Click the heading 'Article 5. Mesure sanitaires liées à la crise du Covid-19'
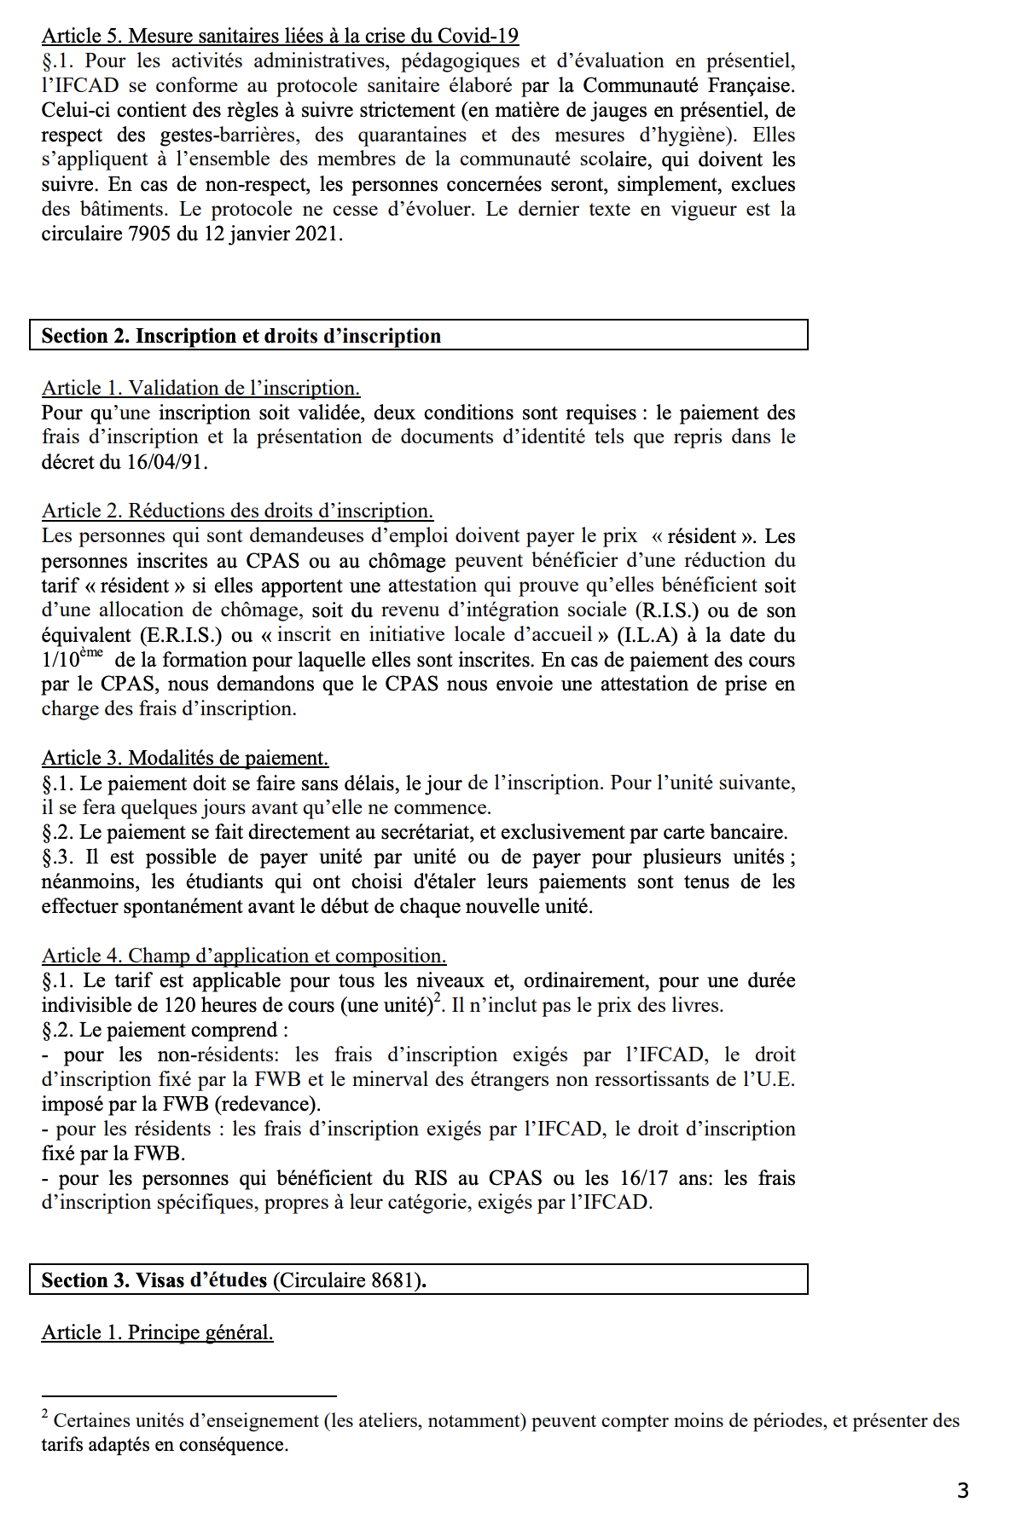pos(280,36)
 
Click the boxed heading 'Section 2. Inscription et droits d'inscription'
pos(241,336)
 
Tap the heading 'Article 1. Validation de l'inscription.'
pos(200,388)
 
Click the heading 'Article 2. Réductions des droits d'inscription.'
pos(237,511)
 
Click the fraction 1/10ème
pos(72,659)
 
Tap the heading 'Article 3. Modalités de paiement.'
pos(184,758)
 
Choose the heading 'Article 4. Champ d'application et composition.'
pos(244,956)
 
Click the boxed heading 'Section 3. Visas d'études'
pos(154,1280)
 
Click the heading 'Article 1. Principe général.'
pos(157,1332)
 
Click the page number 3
pos(962,1490)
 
